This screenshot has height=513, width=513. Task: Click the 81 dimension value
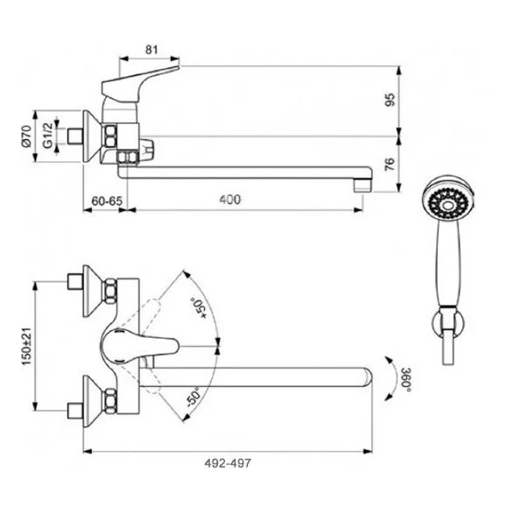click(151, 50)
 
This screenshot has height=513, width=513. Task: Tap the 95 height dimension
click(390, 100)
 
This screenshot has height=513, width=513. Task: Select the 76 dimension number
click(390, 164)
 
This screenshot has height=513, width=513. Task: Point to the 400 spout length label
click(230, 200)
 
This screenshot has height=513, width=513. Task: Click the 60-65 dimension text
click(107, 200)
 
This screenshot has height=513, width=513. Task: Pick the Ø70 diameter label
click(26, 136)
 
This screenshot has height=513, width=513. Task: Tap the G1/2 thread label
click(48, 136)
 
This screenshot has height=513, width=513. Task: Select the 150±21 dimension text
click(26, 346)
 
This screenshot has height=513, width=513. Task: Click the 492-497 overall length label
click(228, 463)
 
